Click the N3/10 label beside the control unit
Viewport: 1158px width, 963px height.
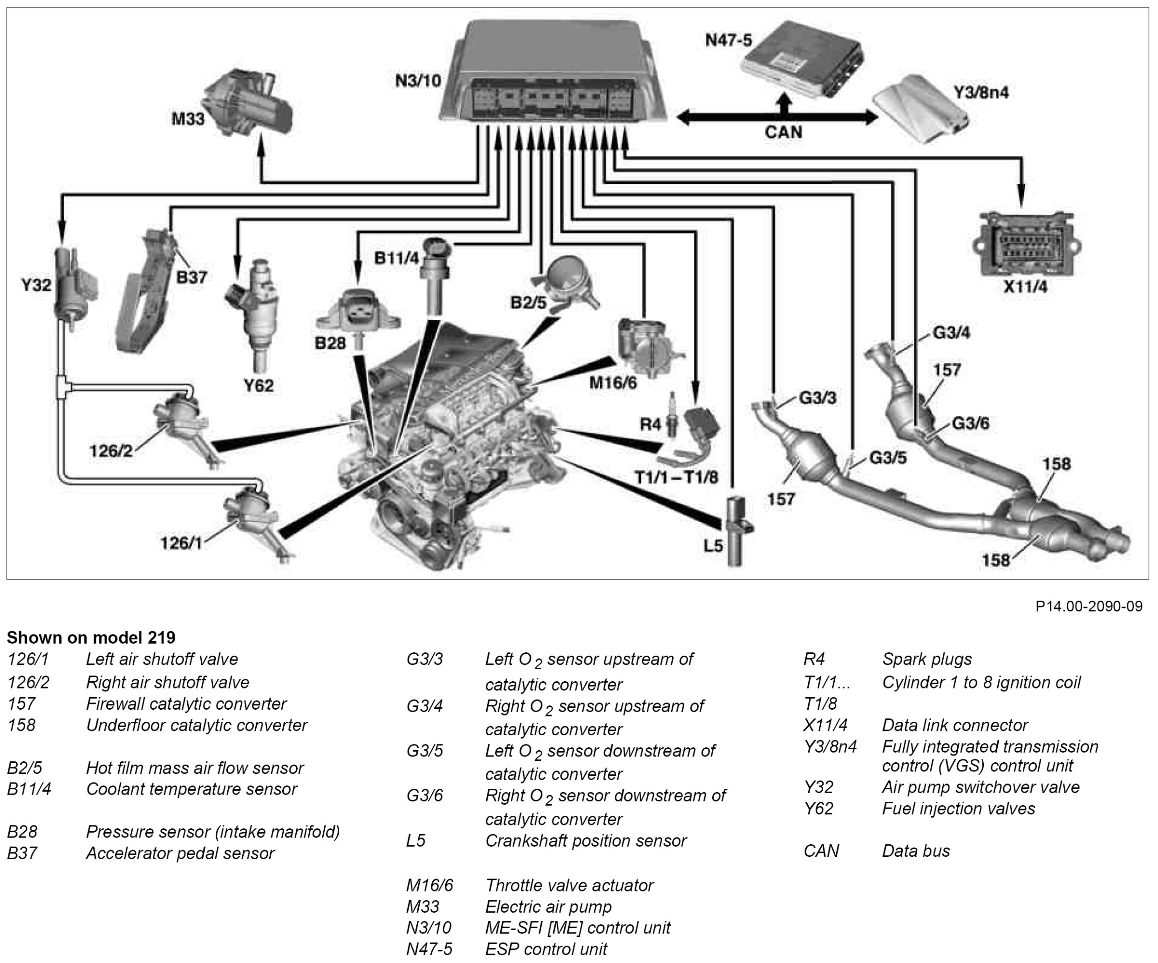point(418,81)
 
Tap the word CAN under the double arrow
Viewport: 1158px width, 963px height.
point(783,132)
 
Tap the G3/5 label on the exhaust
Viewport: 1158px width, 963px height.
point(888,457)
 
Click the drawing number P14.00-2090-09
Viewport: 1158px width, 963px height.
point(1089,607)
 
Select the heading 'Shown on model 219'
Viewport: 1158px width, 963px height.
point(91,638)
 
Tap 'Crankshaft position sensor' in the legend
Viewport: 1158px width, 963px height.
point(586,840)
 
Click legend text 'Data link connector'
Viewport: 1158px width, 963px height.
point(955,725)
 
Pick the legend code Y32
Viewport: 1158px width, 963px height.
point(818,787)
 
